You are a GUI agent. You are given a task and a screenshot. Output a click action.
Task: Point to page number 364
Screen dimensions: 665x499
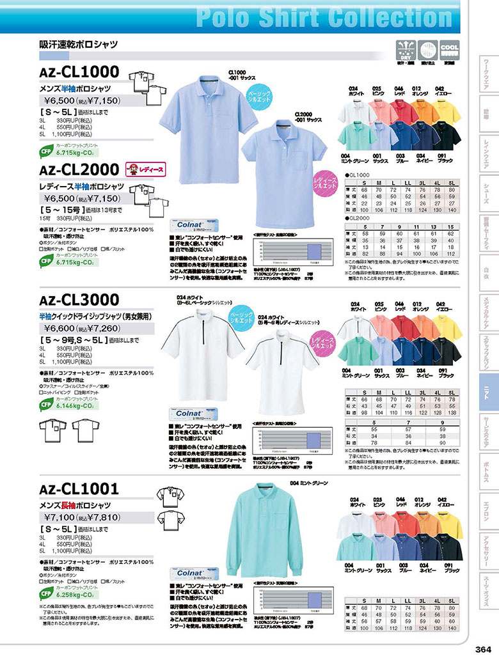coord(483,650)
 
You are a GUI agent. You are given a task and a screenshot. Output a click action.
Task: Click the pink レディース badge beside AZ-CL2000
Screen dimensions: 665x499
coord(140,169)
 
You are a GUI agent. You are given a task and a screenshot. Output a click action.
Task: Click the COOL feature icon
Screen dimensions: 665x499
coord(450,49)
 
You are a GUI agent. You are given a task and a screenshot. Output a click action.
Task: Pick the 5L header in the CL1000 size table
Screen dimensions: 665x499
coord(452,182)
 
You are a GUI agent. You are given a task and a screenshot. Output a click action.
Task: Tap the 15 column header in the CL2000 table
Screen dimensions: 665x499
coord(451,227)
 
